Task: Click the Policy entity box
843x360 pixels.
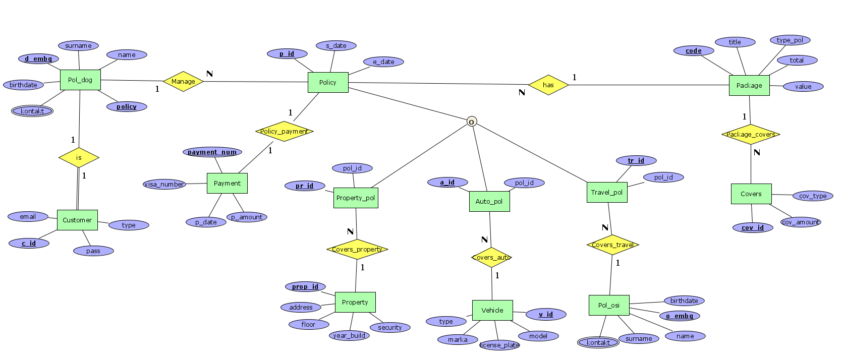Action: pos(328,82)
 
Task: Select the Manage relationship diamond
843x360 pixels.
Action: pos(183,81)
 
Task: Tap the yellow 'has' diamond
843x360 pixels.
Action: pos(548,85)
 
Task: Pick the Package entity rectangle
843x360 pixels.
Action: pos(749,85)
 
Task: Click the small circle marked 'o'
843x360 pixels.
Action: pos(472,122)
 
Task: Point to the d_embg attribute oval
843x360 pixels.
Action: pos(39,59)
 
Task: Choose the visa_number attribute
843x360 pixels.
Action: pos(164,185)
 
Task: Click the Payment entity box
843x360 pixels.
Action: pos(227,183)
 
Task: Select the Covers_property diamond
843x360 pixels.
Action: pos(357,249)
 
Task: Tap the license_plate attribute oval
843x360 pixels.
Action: pos(499,345)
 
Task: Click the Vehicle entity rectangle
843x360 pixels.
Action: pos(492,310)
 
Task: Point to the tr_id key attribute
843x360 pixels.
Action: pos(636,160)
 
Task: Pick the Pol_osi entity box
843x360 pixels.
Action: pos(609,305)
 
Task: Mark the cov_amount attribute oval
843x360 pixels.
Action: pos(801,222)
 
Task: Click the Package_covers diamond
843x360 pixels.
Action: pos(751,134)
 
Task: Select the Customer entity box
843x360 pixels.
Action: pos(77,220)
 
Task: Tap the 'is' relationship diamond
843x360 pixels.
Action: pos(79,158)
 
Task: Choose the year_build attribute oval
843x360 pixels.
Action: pos(349,335)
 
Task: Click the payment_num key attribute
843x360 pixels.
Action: pos(212,152)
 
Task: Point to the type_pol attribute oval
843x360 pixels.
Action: pos(790,40)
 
